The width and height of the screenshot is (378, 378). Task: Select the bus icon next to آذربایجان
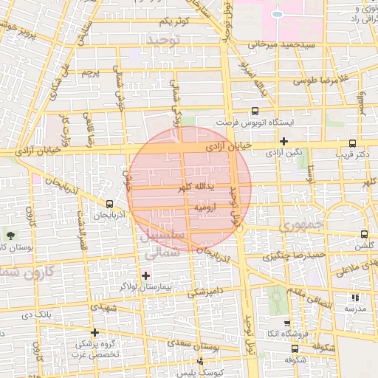click(110, 203)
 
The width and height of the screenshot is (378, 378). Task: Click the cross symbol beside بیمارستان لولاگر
click(145, 275)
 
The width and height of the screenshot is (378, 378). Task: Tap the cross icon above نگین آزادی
click(283, 140)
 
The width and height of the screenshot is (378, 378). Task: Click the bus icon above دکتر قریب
click(352, 143)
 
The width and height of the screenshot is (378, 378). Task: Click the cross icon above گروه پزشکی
click(94, 332)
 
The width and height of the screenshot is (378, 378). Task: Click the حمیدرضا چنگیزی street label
click(294, 255)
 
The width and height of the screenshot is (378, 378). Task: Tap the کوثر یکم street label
click(175, 20)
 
